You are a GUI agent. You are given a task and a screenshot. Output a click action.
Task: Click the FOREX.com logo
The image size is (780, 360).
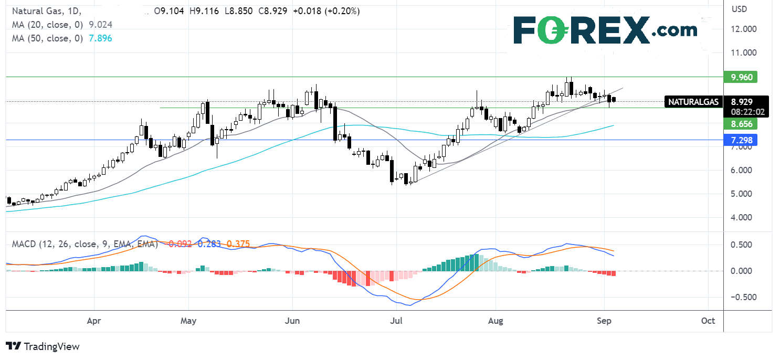coord(605,30)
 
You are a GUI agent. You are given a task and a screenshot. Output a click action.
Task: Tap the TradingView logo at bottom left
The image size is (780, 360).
coord(43,346)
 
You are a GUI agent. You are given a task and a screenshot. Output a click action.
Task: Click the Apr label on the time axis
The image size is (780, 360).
coord(94,320)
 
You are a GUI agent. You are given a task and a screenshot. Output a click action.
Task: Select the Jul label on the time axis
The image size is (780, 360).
coord(396,320)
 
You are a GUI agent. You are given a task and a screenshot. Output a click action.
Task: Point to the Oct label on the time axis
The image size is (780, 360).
coord(708,320)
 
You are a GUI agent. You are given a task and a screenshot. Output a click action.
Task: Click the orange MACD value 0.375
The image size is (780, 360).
coord(239,243)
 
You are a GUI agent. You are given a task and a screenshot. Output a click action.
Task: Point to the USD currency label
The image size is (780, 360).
coord(741,9)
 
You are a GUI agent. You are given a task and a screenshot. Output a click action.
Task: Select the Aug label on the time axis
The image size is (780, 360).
coord(496,320)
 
